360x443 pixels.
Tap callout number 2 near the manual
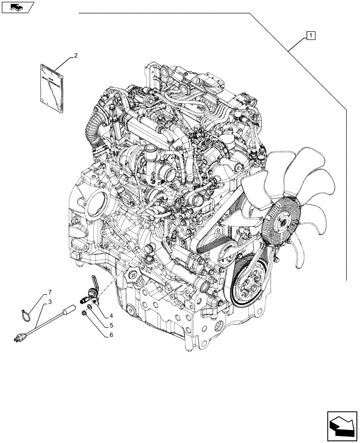click(76, 56)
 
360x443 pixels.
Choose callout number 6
click(111, 335)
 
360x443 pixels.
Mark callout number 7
click(50, 292)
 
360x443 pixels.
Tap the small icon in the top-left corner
click(17, 7)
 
